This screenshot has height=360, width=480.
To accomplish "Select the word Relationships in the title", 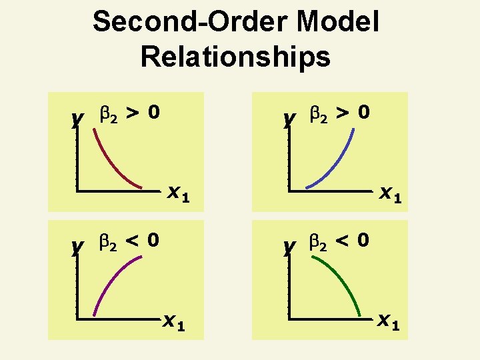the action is click(235, 57).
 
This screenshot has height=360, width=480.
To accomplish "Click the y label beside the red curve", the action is click(77, 119).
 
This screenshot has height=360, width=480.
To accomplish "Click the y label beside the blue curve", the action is click(289, 119).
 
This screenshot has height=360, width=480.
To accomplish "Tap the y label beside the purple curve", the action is click(77, 247).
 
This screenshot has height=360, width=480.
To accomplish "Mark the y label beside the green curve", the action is click(289, 247).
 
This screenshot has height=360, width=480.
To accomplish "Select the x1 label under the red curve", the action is click(178, 194).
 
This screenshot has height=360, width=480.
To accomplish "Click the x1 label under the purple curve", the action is click(175, 323).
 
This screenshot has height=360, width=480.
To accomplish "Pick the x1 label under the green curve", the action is click(389, 323).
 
